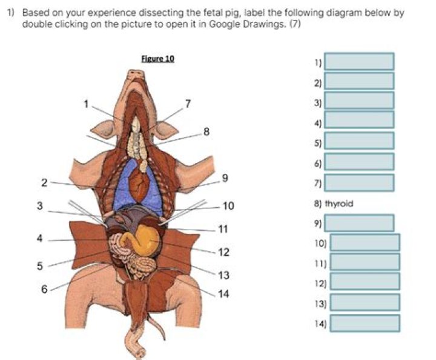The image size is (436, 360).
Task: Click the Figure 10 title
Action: coord(157,59)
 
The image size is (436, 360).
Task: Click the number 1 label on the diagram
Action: coord(87,104)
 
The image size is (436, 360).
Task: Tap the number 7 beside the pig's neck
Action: coord(188,103)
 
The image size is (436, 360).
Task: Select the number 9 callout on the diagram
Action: coord(225,178)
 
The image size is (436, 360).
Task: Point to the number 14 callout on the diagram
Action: coord(223,295)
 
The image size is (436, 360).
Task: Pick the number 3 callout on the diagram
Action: coord(40,206)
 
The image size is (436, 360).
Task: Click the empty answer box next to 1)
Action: coord(360,61)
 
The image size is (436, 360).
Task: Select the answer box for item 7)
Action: coord(360,182)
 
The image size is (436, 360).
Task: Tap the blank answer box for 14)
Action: coord(365,323)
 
